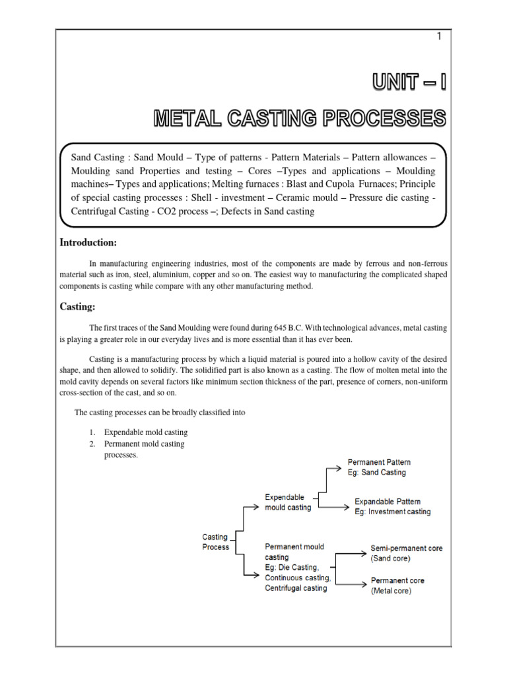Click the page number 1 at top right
tap(438, 36)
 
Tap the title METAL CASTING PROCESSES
tap(300, 119)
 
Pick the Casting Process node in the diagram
tap(215, 542)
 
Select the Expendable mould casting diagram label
tap(287, 502)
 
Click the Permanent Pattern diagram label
tap(379, 462)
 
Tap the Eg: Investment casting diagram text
tap(392, 512)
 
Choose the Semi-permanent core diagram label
tap(407, 548)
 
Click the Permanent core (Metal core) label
tap(397, 586)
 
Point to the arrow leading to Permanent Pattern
tap(334, 468)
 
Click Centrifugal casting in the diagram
tap(296, 588)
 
